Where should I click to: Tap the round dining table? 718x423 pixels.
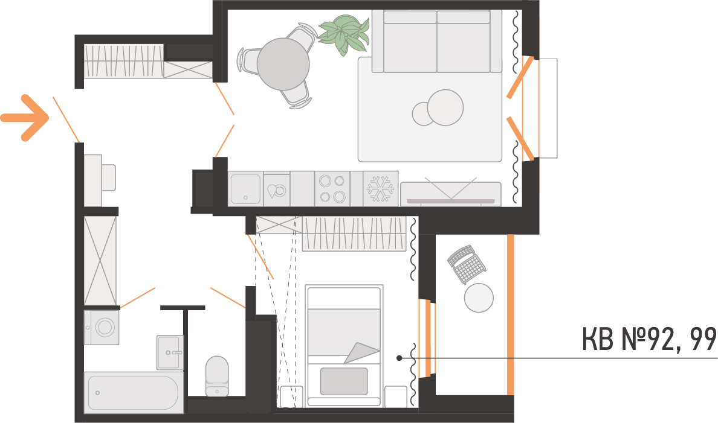(283, 64)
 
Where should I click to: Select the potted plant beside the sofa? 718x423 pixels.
(344, 35)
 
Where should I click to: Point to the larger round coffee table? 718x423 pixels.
(445, 107)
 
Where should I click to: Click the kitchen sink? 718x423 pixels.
(245, 188)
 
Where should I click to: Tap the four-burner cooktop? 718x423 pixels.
(332, 188)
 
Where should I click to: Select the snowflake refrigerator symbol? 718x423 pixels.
(381, 188)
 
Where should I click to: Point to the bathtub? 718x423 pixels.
(134, 393)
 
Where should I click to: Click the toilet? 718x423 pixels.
(217, 375)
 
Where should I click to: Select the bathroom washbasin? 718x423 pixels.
(169, 352)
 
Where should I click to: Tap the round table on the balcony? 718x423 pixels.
(479, 297)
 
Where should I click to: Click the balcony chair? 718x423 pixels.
(465, 264)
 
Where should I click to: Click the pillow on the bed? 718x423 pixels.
(344, 381)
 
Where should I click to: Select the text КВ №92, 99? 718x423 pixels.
(650, 339)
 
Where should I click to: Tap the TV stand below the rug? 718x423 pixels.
(451, 194)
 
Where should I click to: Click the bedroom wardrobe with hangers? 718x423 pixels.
(354, 234)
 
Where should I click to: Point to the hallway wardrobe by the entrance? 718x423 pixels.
(124, 61)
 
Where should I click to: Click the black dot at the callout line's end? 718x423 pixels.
(399, 358)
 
